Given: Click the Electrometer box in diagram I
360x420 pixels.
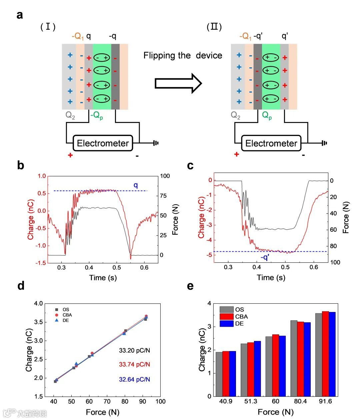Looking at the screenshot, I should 103,143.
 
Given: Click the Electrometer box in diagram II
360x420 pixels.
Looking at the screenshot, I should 271,143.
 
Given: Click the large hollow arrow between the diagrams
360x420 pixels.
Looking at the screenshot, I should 178,83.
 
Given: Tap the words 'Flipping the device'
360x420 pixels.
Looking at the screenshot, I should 183,55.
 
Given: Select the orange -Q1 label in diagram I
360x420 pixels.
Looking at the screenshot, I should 78,36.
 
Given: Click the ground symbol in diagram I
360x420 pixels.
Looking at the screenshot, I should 156,143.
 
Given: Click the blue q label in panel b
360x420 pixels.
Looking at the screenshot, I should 136,185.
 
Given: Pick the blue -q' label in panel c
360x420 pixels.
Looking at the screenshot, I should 265,257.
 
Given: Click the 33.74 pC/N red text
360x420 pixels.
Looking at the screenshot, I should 134,364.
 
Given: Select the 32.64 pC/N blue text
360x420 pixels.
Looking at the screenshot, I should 134,379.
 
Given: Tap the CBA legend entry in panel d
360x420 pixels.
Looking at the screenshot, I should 67,315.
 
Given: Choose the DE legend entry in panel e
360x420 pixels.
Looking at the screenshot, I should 239,324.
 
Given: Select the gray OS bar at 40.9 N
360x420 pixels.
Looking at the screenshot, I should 219,374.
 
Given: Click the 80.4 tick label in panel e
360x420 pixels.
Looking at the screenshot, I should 300,401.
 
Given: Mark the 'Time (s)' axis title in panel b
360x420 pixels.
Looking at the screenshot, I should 103,277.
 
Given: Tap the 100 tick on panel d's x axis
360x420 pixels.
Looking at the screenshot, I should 160,401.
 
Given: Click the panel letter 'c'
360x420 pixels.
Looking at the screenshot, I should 190,166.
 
